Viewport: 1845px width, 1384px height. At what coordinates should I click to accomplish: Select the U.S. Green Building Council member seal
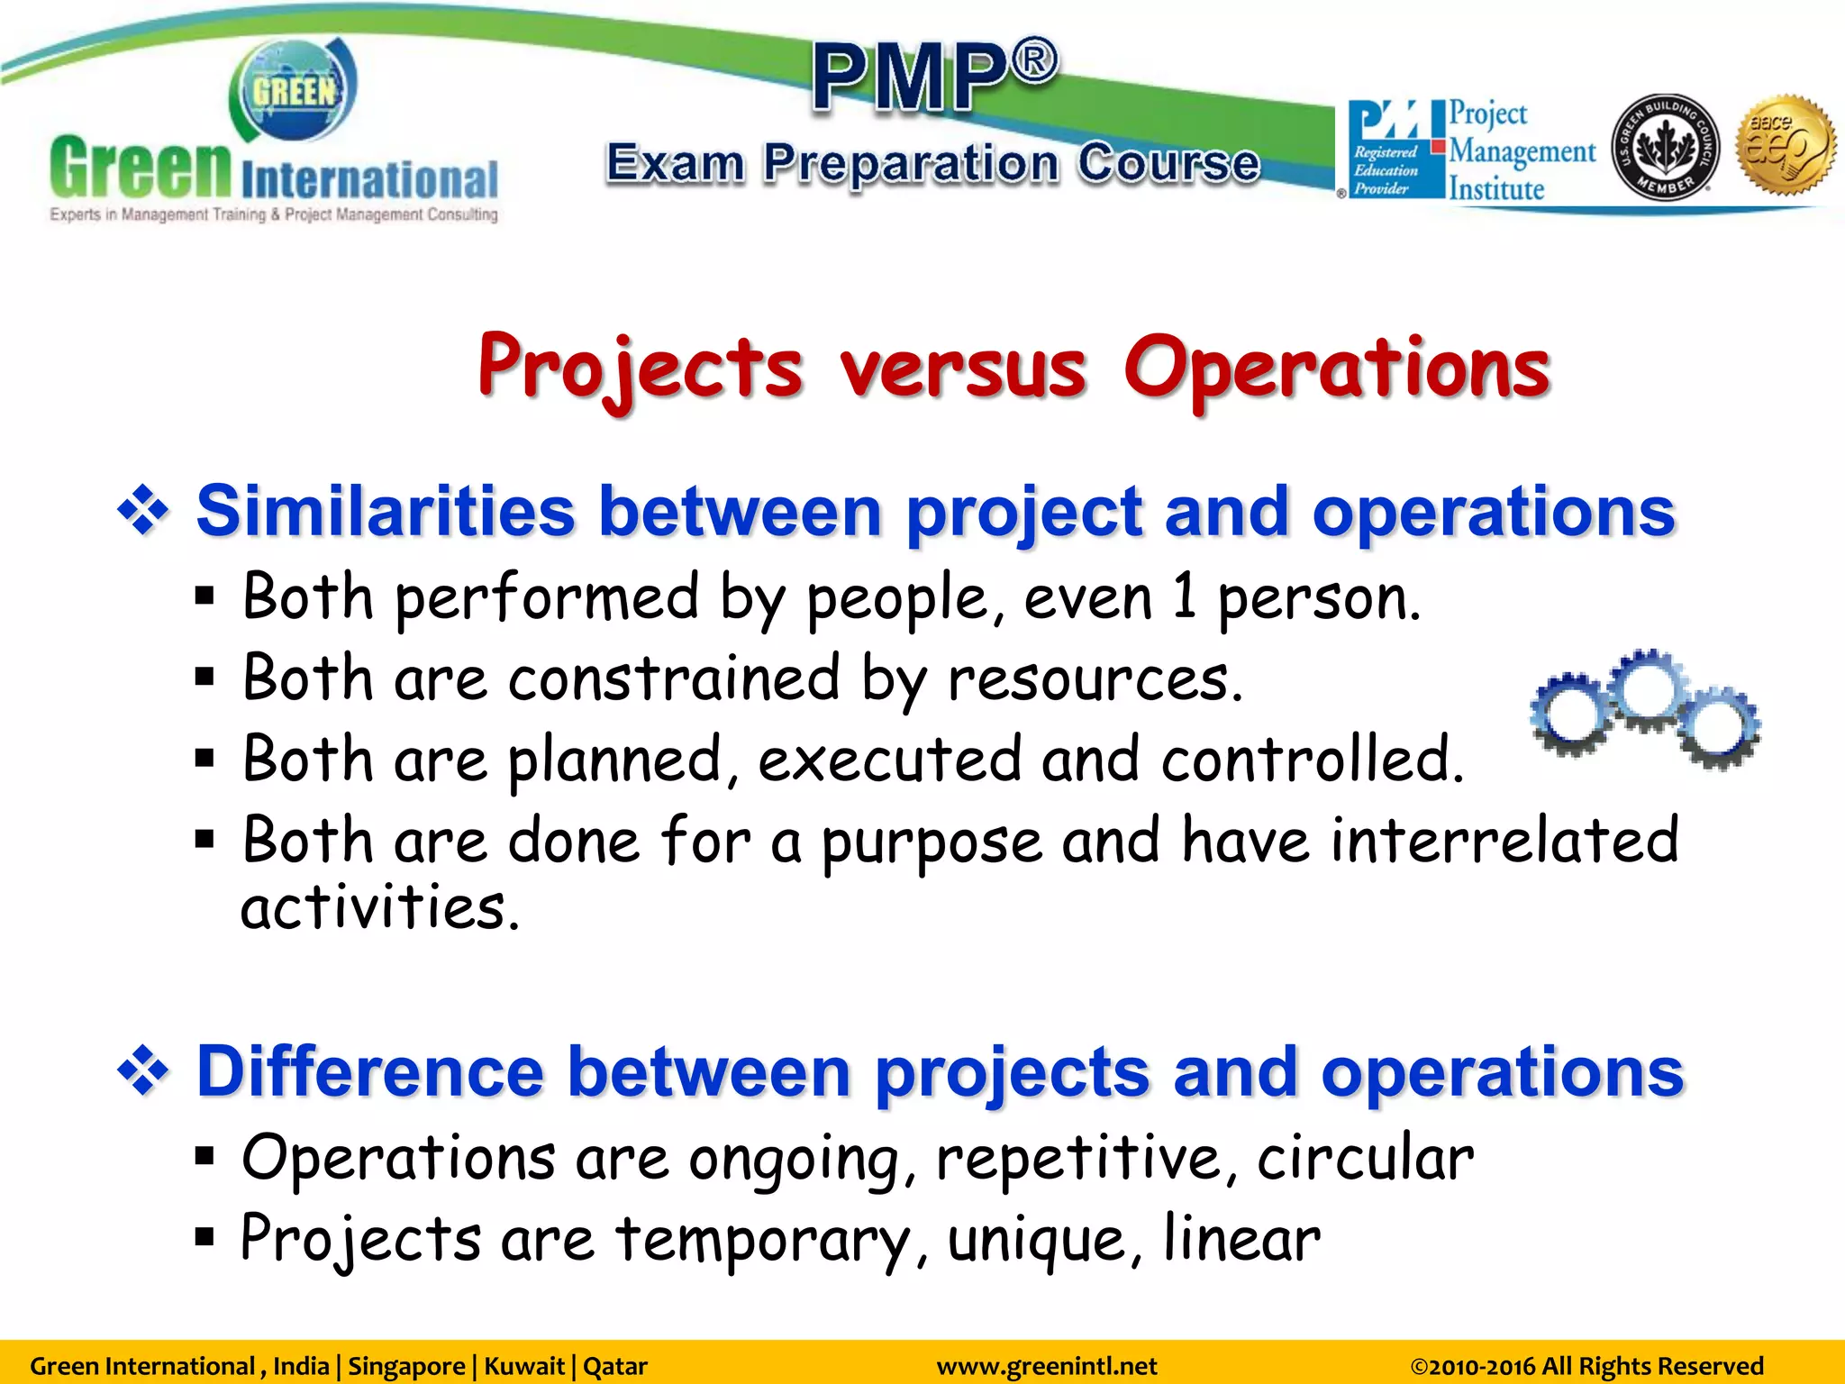[1664, 147]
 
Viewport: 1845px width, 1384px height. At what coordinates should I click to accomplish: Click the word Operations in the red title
[1336, 368]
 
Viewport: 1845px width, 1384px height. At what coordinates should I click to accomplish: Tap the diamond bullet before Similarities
[142, 511]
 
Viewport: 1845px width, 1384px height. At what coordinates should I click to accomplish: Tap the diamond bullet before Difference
[142, 1071]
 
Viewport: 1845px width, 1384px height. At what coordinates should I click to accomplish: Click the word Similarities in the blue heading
[385, 511]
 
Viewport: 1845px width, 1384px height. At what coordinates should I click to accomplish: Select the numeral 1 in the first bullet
[1186, 597]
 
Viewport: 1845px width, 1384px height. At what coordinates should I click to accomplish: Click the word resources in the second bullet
[1094, 678]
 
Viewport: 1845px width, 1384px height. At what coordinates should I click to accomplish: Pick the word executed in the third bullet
[889, 760]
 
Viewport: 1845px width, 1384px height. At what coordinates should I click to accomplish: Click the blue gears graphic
[1645, 708]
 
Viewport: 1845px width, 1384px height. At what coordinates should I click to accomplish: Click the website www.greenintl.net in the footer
[1046, 1366]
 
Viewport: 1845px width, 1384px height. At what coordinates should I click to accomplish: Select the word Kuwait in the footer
[524, 1366]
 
